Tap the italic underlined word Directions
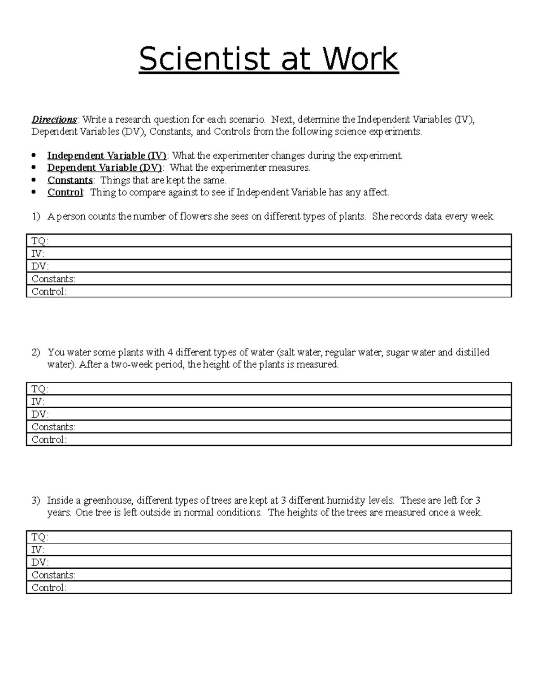(x=54, y=120)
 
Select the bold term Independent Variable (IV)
(x=107, y=156)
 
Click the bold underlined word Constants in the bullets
(x=70, y=180)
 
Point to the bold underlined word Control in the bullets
(x=65, y=192)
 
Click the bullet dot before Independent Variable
(x=34, y=156)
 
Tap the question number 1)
(x=36, y=216)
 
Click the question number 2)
(x=36, y=352)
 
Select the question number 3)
(x=36, y=500)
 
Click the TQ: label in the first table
(x=39, y=241)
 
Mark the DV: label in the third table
(x=40, y=562)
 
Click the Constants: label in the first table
(x=53, y=279)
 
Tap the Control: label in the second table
(x=49, y=440)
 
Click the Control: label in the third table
(x=49, y=588)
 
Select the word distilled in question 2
(x=472, y=352)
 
